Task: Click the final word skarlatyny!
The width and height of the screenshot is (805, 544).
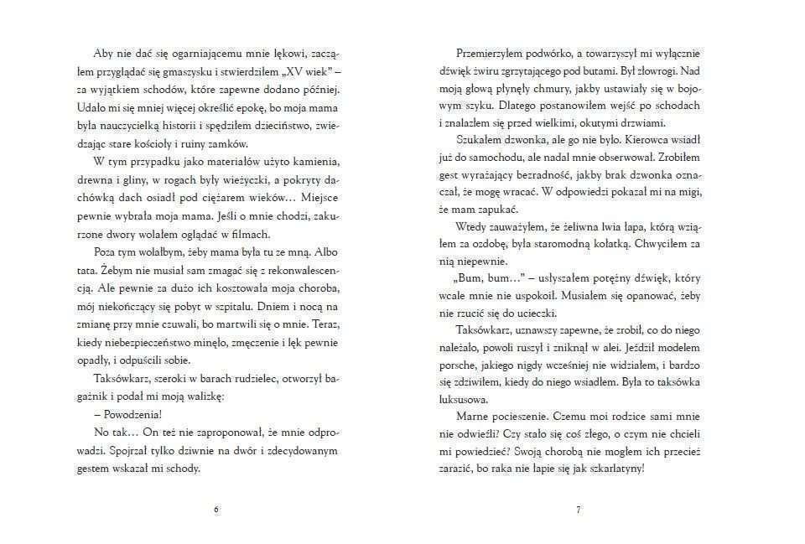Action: [x=614, y=468]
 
